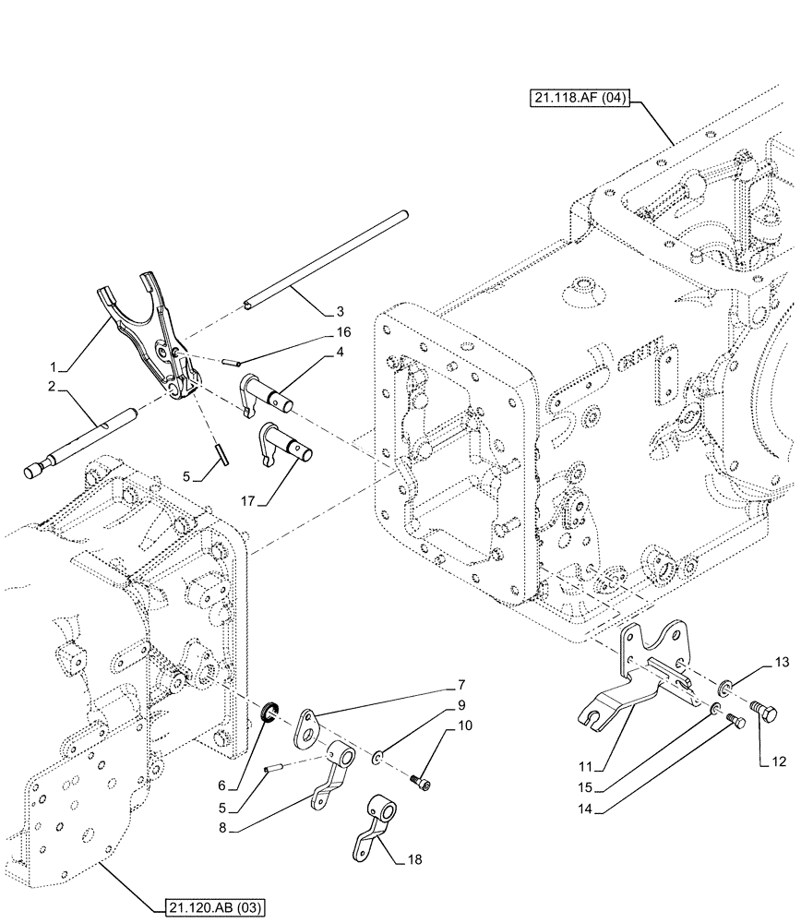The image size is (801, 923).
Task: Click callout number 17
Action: tap(248, 503)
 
